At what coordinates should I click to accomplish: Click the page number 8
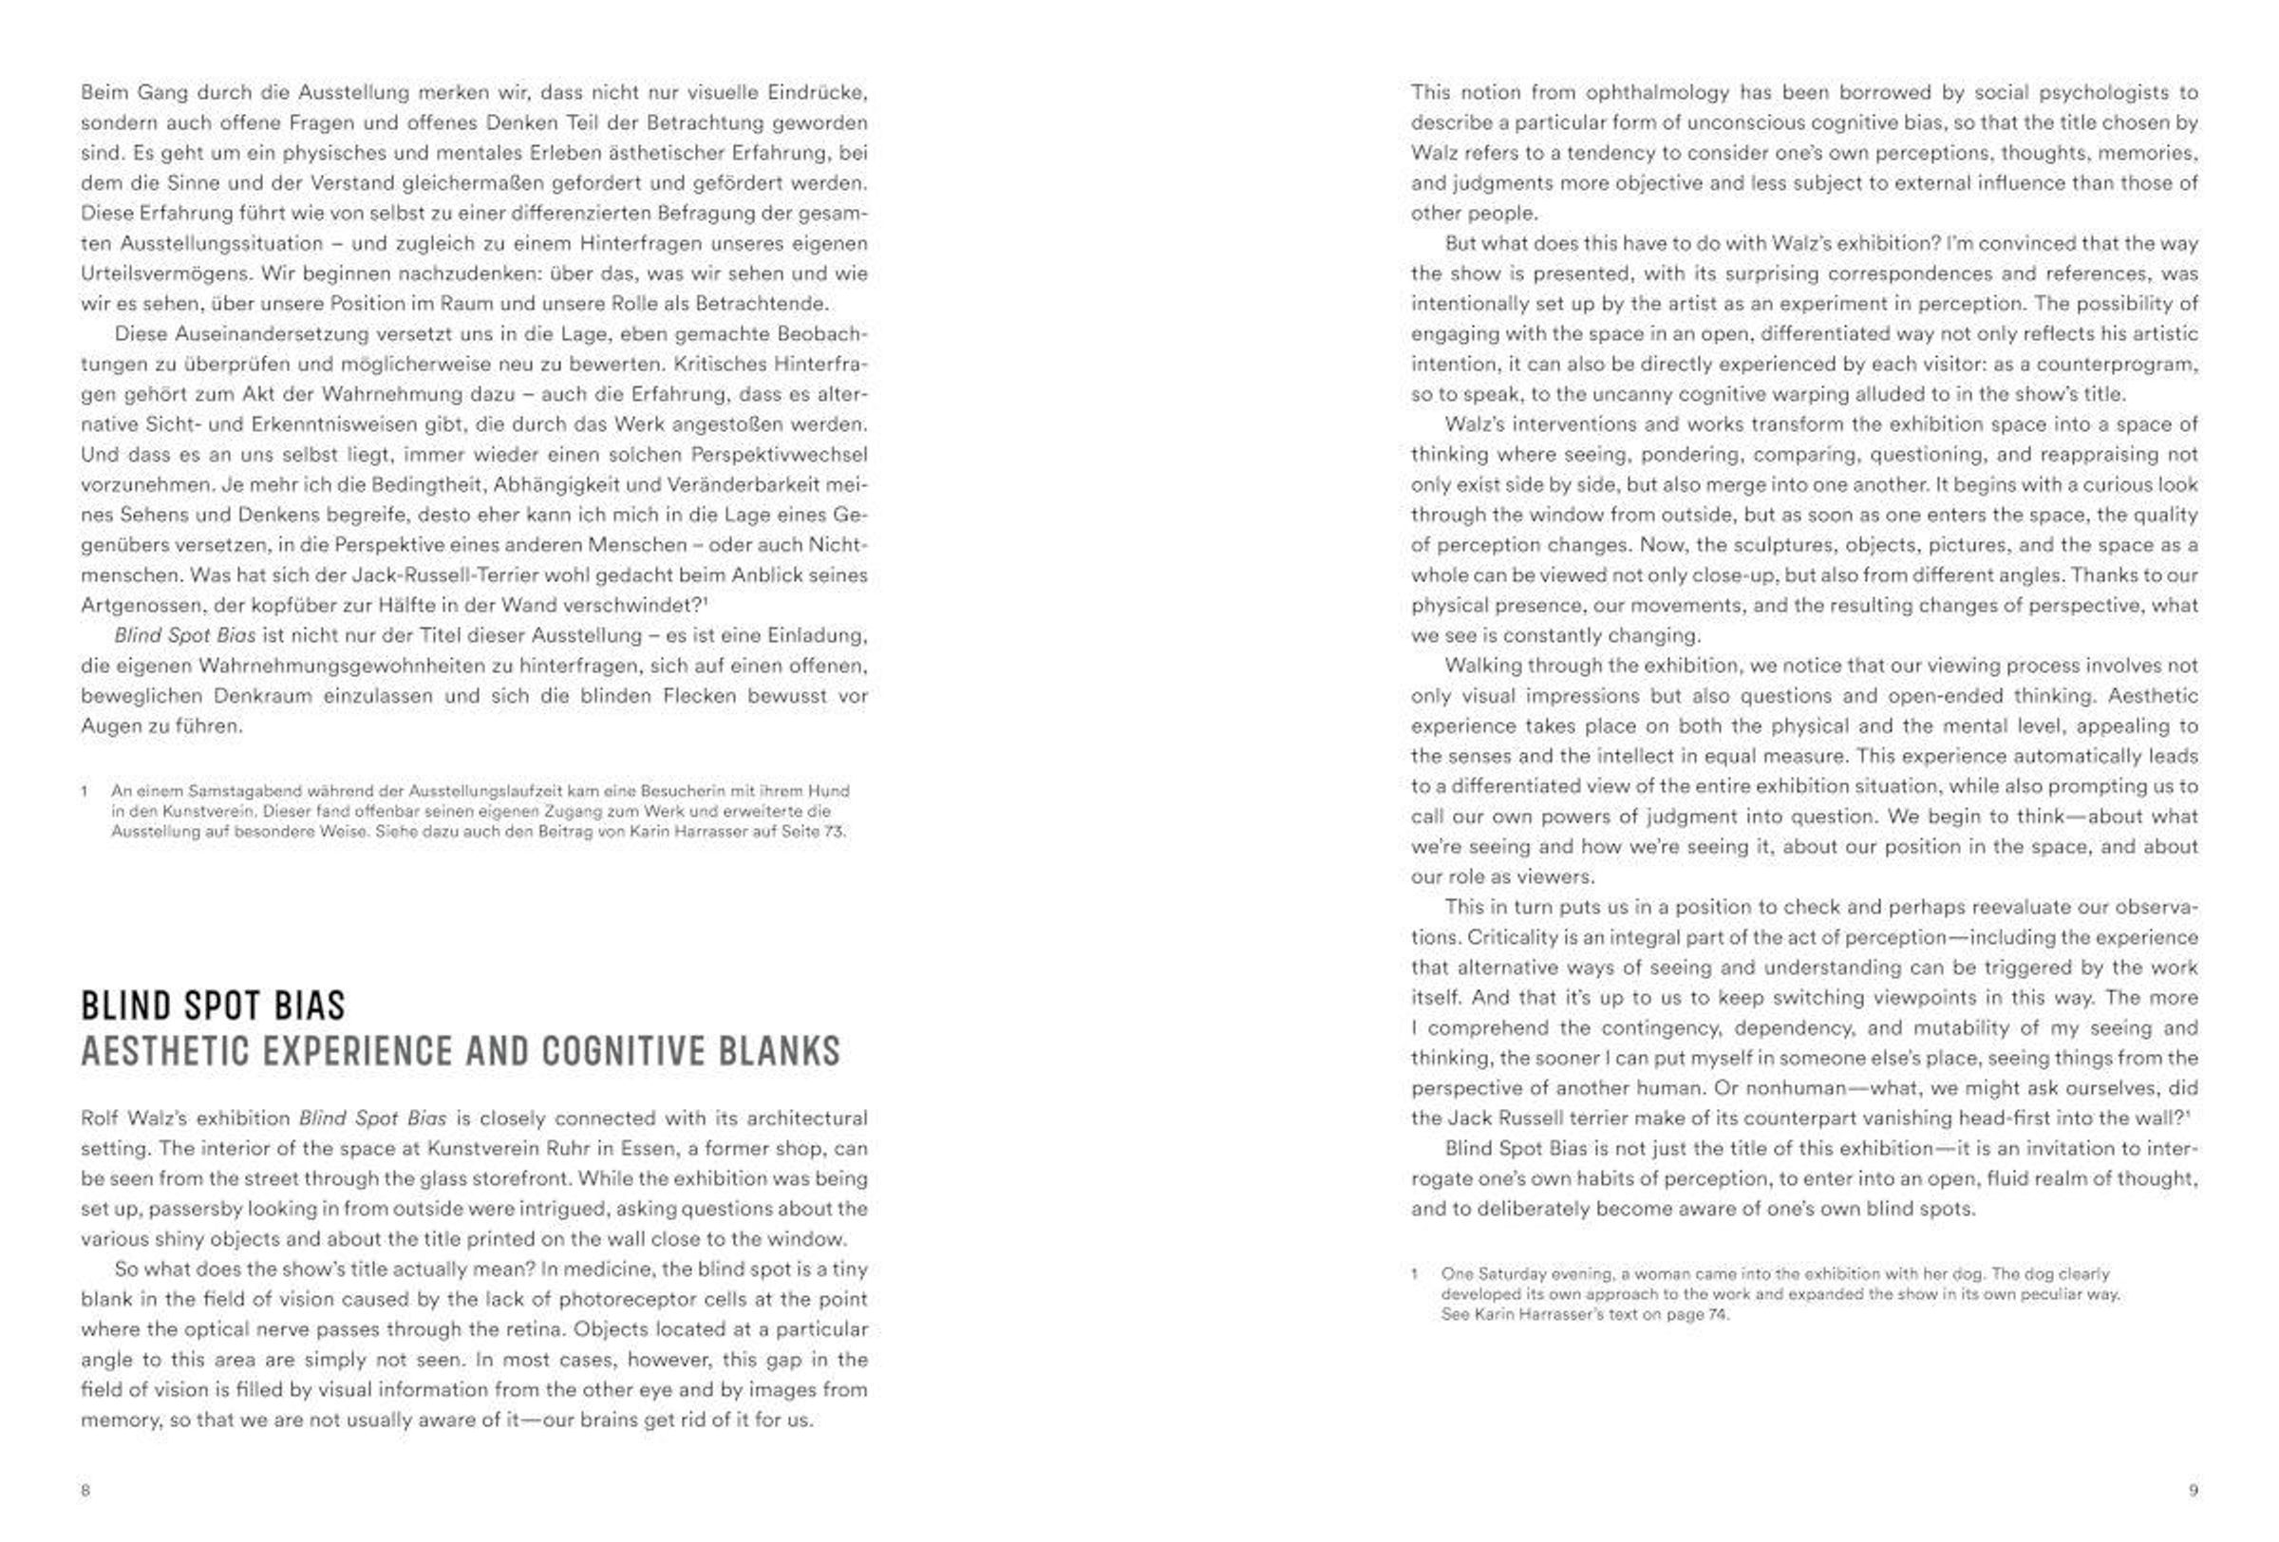click(x=85, y=1490)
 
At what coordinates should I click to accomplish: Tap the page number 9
click(x=2194, y=1490)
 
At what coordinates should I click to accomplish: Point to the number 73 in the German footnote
click(x=832, y=831)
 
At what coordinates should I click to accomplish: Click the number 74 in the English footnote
click(x=1717, y=1314)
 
